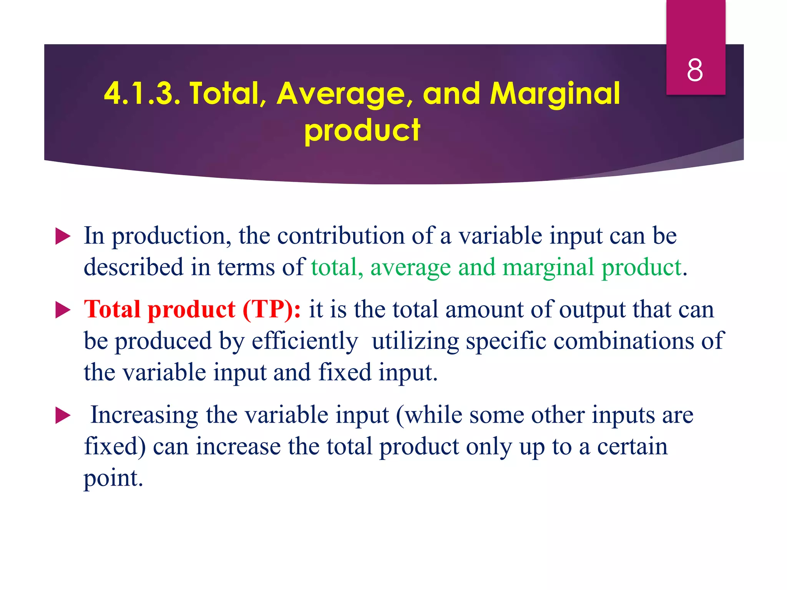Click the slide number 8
[695, 70]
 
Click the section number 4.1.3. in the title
[142, 93]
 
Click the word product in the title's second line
[362, 130]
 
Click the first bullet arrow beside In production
[63, 236]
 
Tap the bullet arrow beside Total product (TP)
[63, 310]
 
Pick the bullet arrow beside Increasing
[63, 416]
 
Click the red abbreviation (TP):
[272, 309]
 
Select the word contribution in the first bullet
[340, 235]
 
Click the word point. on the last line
[113, 479]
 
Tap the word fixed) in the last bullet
[115, 447]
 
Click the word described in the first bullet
[133, 267]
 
